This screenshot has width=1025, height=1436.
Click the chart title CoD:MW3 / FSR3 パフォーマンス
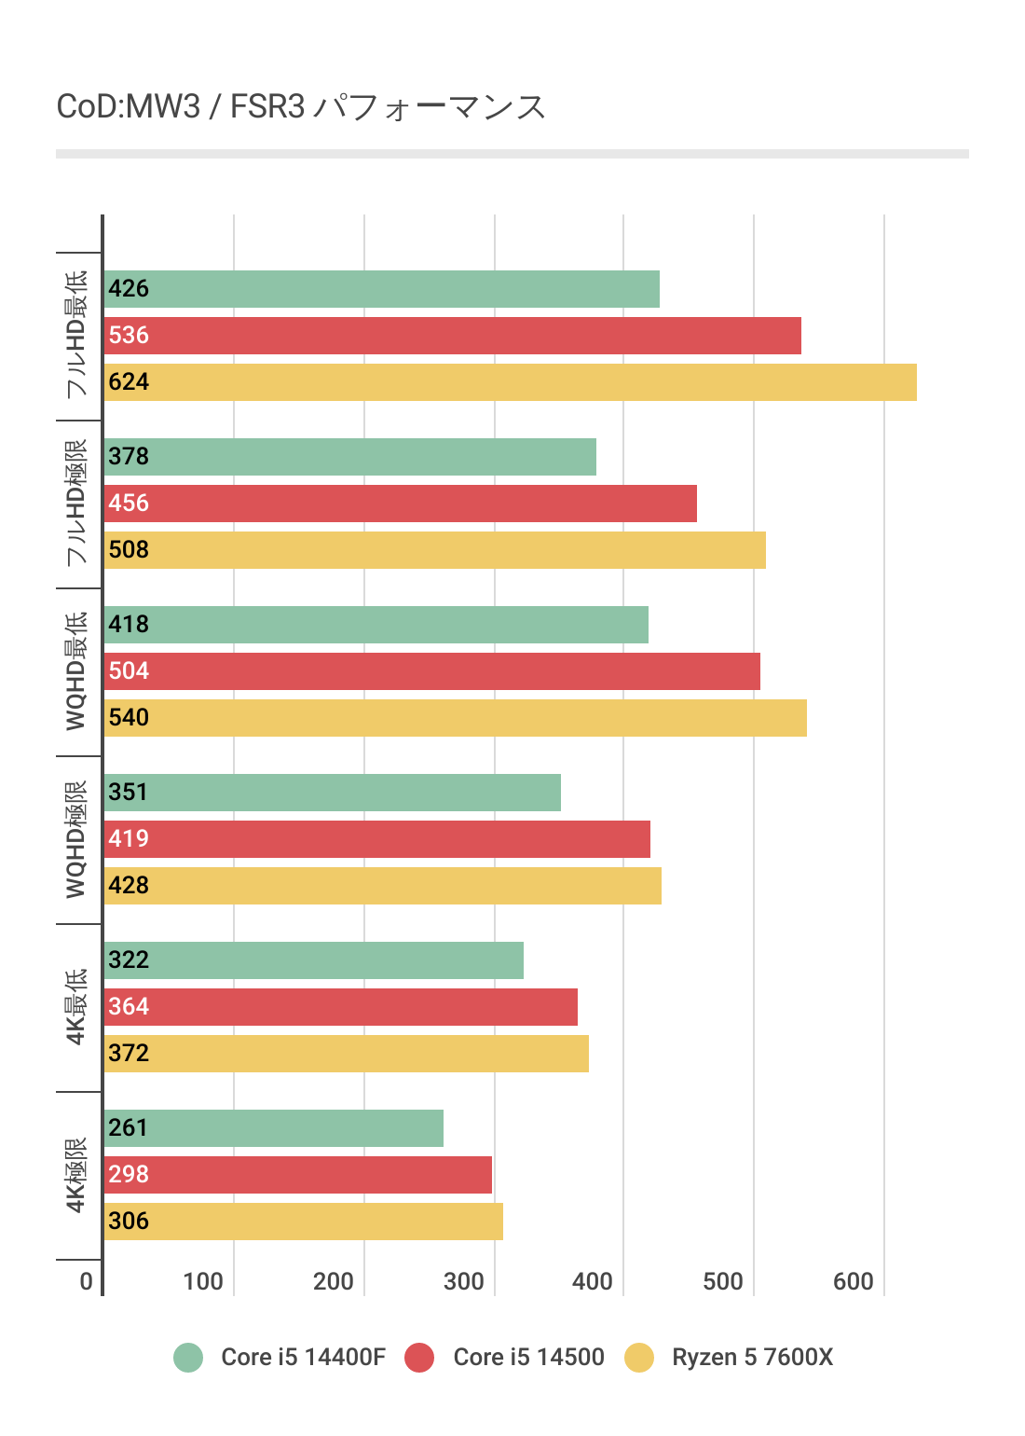point(300,107)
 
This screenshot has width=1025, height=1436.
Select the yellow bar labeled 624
point(510,382)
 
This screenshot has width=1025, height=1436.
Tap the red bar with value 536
point(452,336)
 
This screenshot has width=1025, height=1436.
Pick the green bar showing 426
point(381,289)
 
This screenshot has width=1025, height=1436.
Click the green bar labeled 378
point(349,457)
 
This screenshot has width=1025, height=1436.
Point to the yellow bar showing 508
point(434,550)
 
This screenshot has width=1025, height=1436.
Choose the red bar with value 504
point(431,671)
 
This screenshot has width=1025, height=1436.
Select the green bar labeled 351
point(332,793)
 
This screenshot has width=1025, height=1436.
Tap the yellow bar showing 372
point(346,1054)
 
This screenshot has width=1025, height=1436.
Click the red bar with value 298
point(297,1175)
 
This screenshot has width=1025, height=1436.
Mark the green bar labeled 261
point(273,1128)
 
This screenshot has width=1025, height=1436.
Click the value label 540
point(129,718)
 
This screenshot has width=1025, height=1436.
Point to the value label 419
point(129,839)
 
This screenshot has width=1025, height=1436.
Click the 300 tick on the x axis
point(464,1281)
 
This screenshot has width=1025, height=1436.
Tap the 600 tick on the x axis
point(854,1281)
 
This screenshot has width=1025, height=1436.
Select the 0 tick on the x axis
point(87,1281)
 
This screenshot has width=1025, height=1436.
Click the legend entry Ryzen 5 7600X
point(752,1358)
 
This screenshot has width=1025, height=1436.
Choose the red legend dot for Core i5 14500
point(419,1358)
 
